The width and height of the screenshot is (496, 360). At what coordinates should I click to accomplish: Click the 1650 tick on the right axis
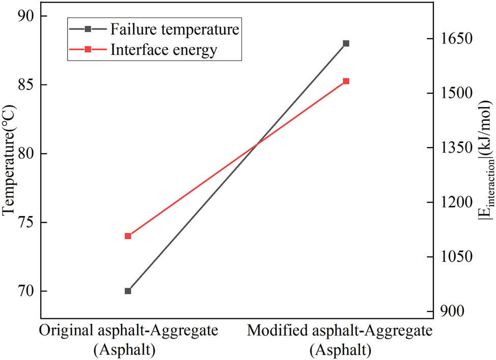point(455,39)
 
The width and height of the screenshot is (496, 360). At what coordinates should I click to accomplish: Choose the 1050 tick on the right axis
point(455,257)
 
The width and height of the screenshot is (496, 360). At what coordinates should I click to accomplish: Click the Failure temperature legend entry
point(173,29)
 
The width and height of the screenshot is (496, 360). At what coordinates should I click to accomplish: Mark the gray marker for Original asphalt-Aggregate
point(128,291)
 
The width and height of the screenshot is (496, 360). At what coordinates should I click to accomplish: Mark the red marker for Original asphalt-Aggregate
point(128,236)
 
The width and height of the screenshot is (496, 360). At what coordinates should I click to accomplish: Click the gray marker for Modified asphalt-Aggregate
point(346,43)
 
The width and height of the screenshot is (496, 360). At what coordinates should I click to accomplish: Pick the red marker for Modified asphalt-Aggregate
point(346,81)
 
